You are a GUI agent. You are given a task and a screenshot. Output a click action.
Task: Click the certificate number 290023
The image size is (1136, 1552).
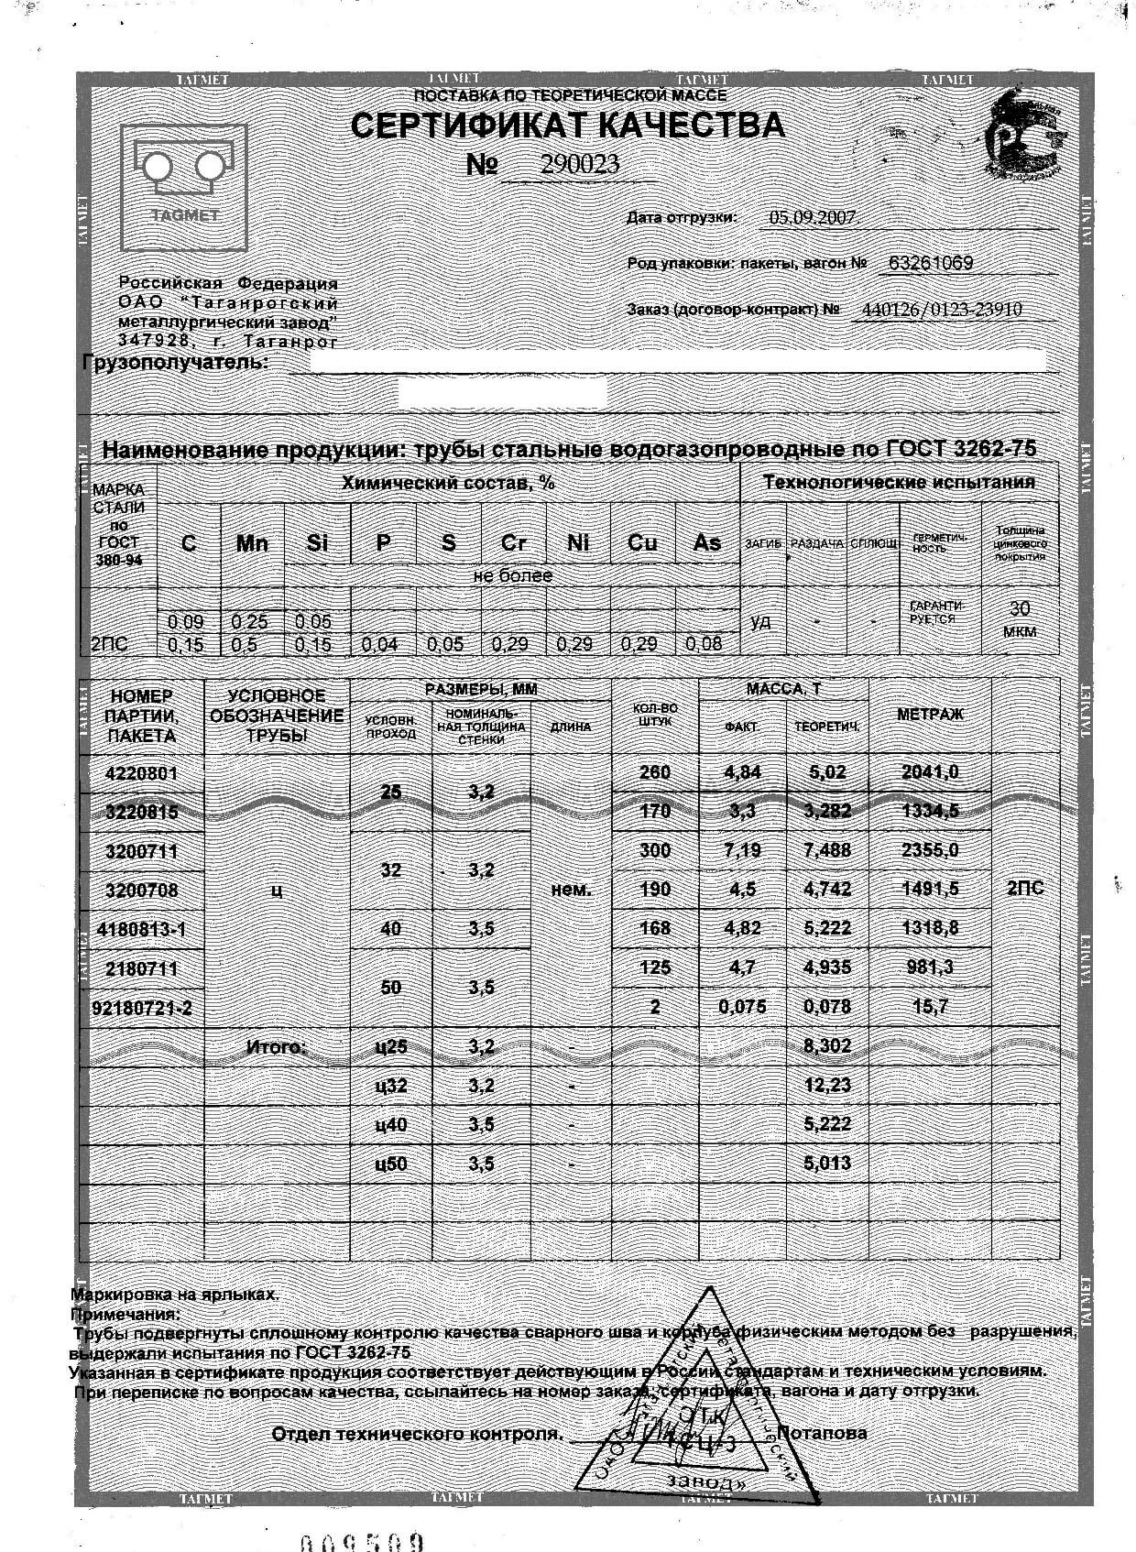(x=579, y=164)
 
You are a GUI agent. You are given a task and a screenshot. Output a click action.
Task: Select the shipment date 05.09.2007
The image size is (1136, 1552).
(x=813, y=217)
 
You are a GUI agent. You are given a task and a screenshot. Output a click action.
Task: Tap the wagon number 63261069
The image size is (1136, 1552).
(x=930, y=263)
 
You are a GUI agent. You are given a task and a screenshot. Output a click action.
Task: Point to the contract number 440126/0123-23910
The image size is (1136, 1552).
(x=942, y=310)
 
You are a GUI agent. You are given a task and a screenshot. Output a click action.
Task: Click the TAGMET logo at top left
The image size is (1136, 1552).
(x=184, y=187)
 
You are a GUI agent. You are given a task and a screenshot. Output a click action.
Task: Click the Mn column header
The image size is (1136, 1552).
(x=252, y=543)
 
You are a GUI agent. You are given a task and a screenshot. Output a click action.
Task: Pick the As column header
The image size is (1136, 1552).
(x=706, y=543)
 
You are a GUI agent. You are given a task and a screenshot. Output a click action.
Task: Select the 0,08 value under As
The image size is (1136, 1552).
(x=704, y=644)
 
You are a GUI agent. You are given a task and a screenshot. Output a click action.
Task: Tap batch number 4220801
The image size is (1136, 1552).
(x=142, y=772)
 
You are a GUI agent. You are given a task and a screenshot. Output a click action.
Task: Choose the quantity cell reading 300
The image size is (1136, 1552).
(x=654, y=850)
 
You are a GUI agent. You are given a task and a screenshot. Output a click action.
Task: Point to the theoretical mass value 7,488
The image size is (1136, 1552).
(x=827, y=850)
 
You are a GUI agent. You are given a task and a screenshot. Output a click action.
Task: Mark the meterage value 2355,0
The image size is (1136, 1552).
(x=930, y=850)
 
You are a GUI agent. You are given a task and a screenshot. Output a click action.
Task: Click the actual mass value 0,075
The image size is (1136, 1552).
(x=742, y=1007)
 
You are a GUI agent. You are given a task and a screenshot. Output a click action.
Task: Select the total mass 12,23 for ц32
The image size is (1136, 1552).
(x=827, y=1086)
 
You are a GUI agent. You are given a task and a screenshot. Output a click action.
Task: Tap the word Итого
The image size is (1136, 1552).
(x=276, y=1046)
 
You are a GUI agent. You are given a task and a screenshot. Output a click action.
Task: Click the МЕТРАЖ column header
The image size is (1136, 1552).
(x=930, y=715)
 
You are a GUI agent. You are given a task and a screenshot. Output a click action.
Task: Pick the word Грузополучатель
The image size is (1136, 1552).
(x=176, y=363)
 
